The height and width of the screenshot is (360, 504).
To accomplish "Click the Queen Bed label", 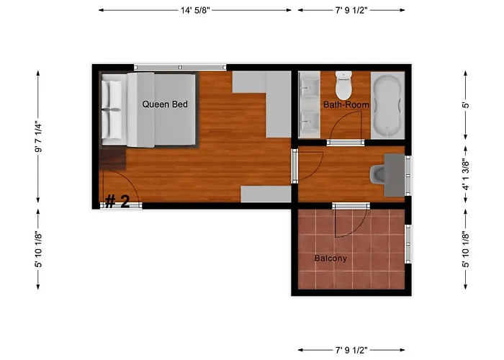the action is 165,104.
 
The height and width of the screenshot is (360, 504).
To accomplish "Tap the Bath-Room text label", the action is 346,104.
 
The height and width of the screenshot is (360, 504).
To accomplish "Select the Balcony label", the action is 330,258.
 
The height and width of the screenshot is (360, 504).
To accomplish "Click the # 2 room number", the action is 117,202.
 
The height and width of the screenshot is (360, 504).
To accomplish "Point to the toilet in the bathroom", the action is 343,85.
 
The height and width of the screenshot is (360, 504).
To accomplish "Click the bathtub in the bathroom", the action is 387,105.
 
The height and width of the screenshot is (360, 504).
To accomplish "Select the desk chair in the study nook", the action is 377,174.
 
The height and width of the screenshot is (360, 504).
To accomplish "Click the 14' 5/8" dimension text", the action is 195,10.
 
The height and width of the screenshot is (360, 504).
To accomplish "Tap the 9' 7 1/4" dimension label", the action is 38,136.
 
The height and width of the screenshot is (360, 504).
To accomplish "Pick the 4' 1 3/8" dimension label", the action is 466,174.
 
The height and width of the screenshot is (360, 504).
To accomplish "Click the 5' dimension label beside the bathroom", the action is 466,105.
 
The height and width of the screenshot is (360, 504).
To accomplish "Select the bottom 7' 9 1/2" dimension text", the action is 351,350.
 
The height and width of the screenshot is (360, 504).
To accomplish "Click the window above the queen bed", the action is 180,68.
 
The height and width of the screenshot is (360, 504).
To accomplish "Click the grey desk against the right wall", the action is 395,175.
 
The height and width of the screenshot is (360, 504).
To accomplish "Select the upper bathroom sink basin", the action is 310,87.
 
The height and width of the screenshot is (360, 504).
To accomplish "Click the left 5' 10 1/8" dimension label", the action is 38,249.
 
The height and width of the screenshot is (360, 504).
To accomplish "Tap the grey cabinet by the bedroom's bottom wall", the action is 266,194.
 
